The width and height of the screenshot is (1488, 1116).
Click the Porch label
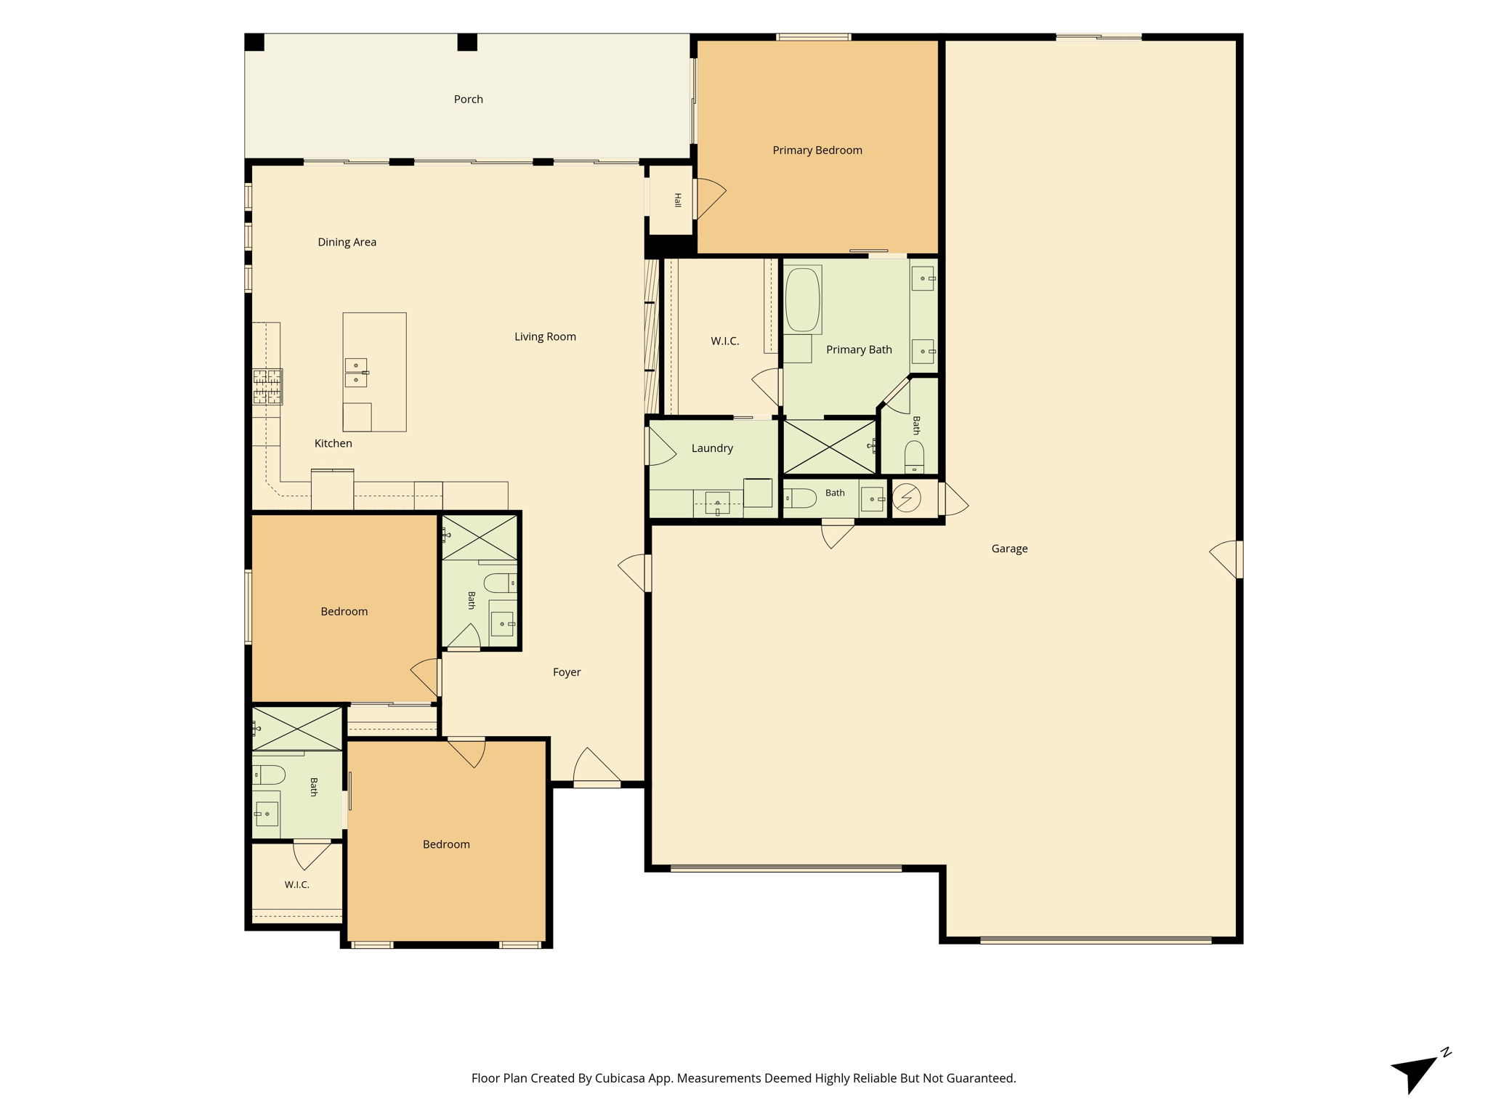[x=468, y=100]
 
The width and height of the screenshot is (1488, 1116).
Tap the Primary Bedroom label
[x=817, y=150]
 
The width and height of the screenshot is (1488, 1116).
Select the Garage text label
[x=1009, y=549]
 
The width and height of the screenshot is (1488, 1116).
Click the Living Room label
[x=545, y=336]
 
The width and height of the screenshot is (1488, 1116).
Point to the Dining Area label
[x=347, y=242]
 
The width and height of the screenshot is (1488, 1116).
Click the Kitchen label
[x=333, y=443]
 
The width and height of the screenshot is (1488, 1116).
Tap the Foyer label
[x=567, y=672]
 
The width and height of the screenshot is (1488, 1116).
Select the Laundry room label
[x=712, y=448]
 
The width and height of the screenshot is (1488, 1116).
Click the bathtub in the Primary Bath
[x=803, y=300]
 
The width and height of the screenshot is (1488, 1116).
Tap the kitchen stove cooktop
[x=267, y=387]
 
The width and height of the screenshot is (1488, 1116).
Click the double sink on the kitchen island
[x=356, y=373]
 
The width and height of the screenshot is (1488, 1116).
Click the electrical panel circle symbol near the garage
[x=906, y=498]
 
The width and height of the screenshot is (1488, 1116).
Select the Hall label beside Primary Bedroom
[x=677, y=201]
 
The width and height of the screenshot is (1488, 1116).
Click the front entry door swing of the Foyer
[x=597, y=767]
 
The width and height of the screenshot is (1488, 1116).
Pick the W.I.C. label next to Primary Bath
[x=724, y=341]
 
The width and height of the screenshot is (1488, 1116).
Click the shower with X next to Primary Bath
[x=830, y=447]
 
